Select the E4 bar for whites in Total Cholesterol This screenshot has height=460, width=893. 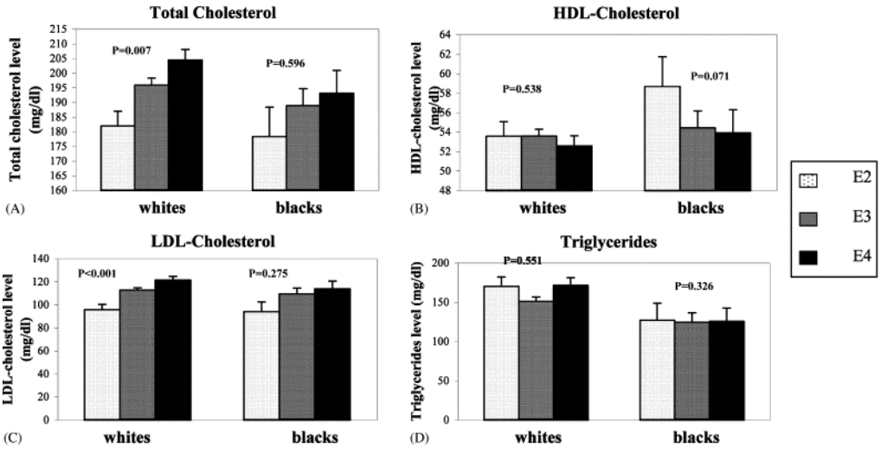[184, 125]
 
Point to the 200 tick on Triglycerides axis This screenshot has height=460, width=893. [450, 263]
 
